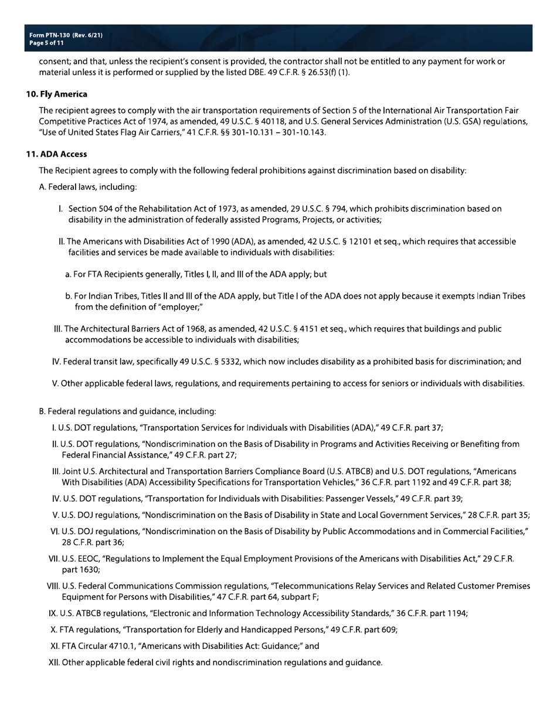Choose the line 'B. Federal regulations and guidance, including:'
coord(127,411)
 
